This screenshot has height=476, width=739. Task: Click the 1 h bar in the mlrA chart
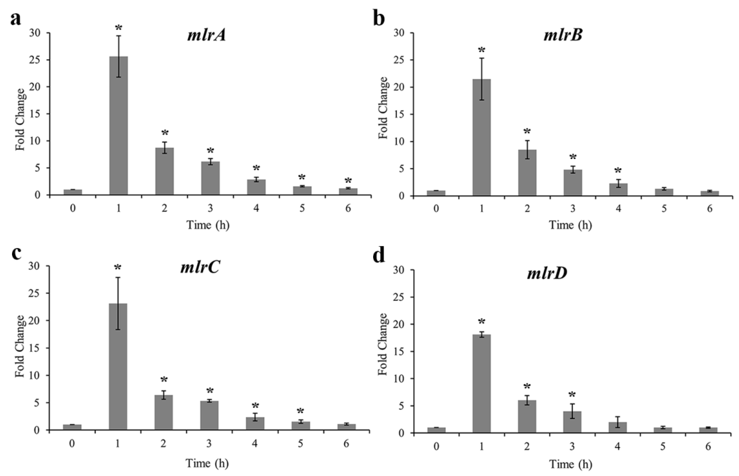point(119,125)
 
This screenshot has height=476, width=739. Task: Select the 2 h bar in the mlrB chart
point(527,173)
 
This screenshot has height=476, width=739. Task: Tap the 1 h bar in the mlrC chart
point(118,366)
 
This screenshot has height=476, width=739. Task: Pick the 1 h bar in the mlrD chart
point(481,383)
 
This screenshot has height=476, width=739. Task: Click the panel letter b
point(379,19)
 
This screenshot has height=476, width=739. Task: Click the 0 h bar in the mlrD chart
point(436,430)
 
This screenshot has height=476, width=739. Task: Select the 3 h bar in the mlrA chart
point(210,178)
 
